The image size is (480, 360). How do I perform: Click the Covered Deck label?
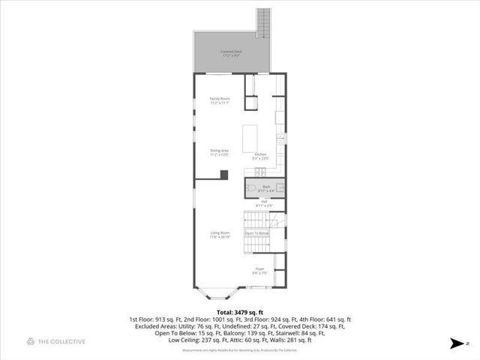[230, 52]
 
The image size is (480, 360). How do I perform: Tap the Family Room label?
[220, 100]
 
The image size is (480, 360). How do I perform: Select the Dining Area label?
[220, 152]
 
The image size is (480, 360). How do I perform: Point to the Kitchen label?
[260, 156]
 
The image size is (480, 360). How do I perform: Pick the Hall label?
[264, 202]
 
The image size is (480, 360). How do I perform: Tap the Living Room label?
[220, 234]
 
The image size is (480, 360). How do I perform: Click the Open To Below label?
[256, 234]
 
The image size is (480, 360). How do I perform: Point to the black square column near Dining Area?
[223, 174]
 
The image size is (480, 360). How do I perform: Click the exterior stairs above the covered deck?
[263, 22]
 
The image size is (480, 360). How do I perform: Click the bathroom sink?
[278, 188]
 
